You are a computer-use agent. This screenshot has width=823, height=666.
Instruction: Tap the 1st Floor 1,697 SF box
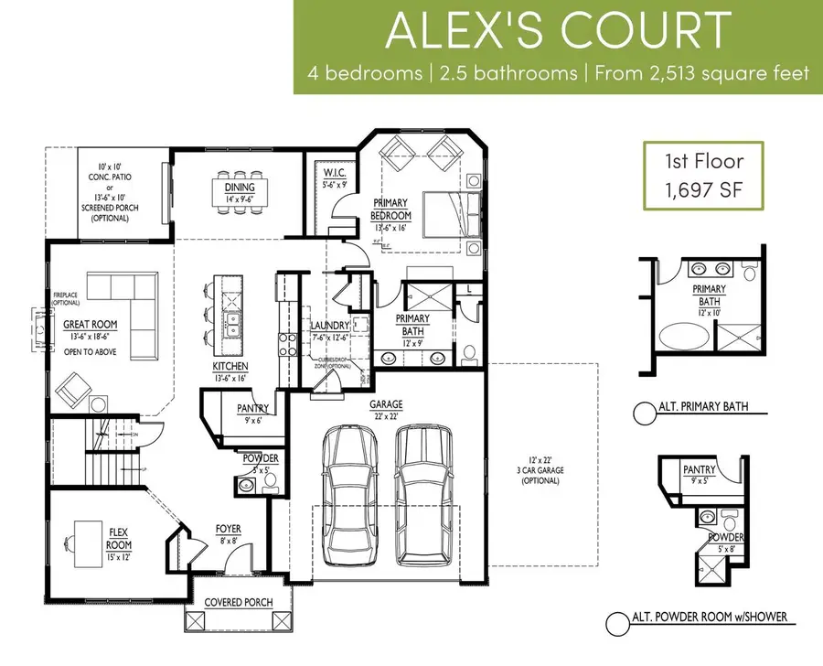[703, 177]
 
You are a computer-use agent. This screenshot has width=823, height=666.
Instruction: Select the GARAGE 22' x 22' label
[387, 408]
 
